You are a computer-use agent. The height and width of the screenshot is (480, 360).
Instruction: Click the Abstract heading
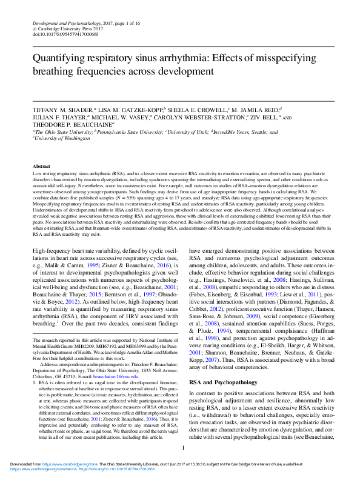point(41,165)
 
